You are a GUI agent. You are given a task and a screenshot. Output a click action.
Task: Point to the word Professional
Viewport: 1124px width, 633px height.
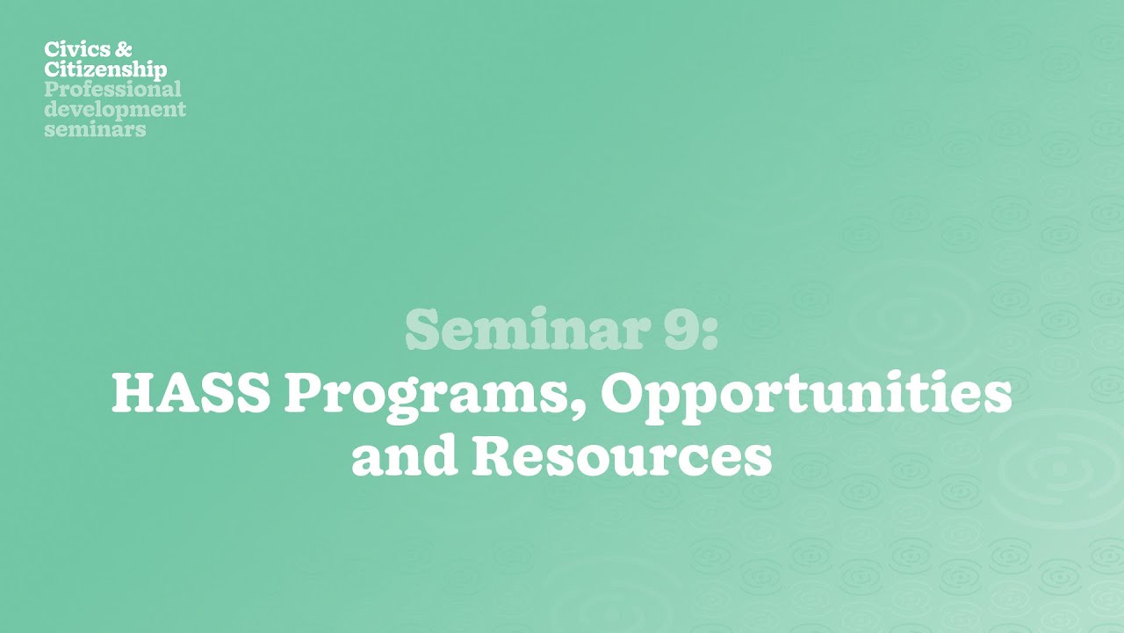click(112, 90)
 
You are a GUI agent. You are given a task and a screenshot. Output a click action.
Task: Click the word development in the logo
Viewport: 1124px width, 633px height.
click(115, 110)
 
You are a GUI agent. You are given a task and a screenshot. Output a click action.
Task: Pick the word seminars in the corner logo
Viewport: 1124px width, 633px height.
click(95, 129)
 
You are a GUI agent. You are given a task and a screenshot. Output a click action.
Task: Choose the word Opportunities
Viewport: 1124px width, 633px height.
click(806, 396)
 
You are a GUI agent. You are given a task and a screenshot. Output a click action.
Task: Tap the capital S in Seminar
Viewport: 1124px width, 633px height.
click(425, 331)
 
